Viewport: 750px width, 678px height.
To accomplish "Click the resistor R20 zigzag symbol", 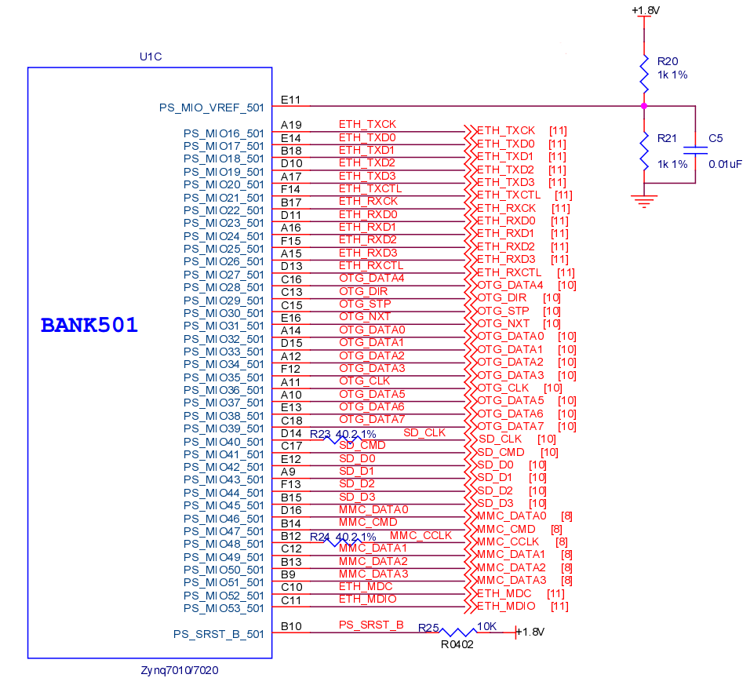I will [x=644, y=69].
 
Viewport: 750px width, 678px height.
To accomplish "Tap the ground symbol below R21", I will [x=644, y=202].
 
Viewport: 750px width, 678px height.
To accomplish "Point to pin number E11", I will [x=290, y=100].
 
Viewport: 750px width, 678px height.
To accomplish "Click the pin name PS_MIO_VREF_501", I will [x=212, y=108].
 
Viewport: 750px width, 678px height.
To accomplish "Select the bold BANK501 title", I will [x=89, y=325].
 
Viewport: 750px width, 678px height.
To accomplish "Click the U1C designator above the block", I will [x=151, y=56].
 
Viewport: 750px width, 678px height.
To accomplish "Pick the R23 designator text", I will [x=320, y=434].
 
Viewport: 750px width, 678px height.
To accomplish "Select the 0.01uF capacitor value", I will [x=725, y=164].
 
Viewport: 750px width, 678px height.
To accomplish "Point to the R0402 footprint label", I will [x=457, y=644].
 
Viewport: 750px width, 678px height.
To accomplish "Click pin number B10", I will [x=291, y=625].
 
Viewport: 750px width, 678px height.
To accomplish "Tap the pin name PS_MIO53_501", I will [x=224, y=608].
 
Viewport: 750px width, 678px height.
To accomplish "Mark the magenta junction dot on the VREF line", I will [x=644, y=105].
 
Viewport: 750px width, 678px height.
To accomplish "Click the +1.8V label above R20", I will [x=645, y=10].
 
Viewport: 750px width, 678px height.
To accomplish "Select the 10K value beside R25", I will [x=487, y=626].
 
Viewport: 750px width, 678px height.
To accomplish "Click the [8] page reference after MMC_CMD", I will [x=556, y=529].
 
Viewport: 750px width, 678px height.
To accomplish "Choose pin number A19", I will [x=291, y=125].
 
